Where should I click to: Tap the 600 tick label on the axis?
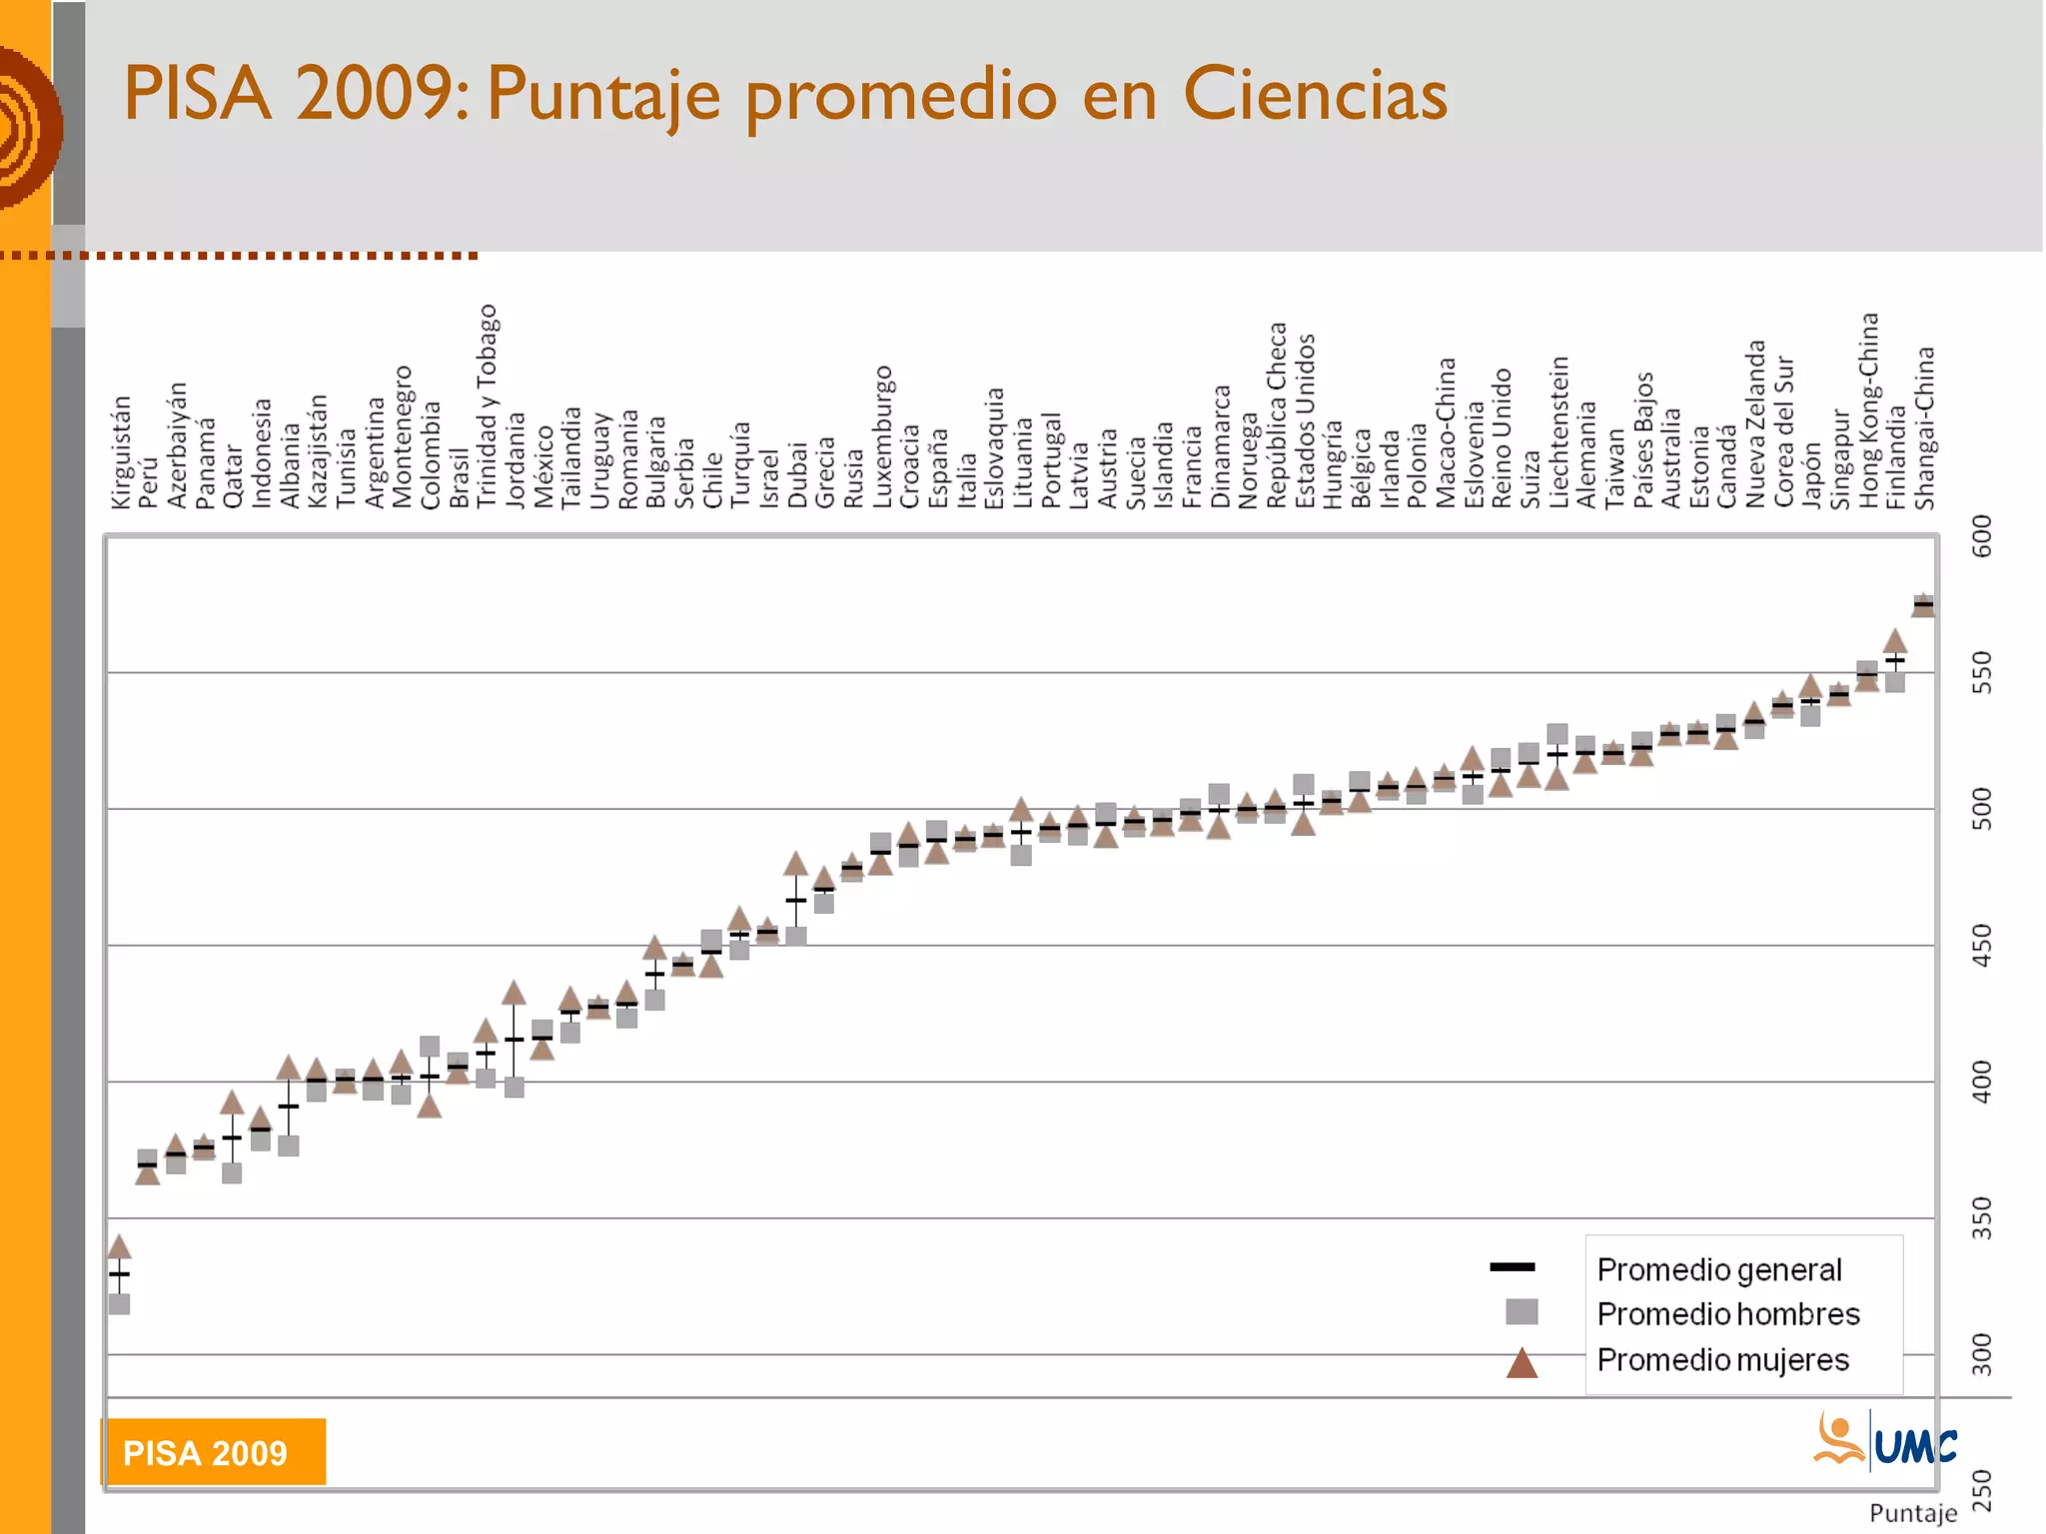click(1981, 536)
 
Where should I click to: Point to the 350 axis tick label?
click(1981, 1217)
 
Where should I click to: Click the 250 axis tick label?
click(1981, 1490)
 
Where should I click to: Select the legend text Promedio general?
click(1718, 1269)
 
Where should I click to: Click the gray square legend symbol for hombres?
click(1522, 1311)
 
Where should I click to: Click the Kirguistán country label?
click(121, 451)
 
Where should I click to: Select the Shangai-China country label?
click(1924, 427)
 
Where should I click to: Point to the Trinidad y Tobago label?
click(487, 405)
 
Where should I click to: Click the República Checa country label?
click(1277, 414)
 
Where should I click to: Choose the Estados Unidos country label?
click(1305, 420)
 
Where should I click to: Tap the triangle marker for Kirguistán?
click(119, 1246)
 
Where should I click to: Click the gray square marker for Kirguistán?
click(119, 1303)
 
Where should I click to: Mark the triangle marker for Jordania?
click(513, 993)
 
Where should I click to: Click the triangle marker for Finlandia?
click(1895, 641)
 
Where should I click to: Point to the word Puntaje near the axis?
click(1912, 1513)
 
